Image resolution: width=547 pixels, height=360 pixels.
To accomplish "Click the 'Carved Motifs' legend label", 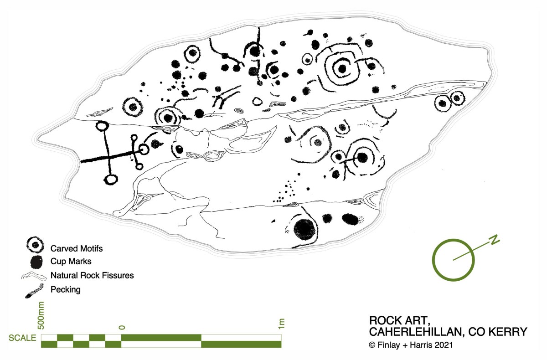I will (x=77, y=248).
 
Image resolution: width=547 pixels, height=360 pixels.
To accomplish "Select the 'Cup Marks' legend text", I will (x=71, y=262).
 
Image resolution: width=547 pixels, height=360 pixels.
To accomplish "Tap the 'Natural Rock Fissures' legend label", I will (x=92, y=275).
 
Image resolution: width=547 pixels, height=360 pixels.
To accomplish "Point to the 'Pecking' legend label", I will (x=66, y=289).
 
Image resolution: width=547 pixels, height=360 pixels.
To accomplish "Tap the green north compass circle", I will (x=453, y=260).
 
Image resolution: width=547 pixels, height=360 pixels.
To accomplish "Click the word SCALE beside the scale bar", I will (x=22, y=338).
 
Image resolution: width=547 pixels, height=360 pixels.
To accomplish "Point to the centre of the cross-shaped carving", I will (x=108, y=156).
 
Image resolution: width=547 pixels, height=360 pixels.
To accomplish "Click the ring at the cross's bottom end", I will (x=110, y=179).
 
